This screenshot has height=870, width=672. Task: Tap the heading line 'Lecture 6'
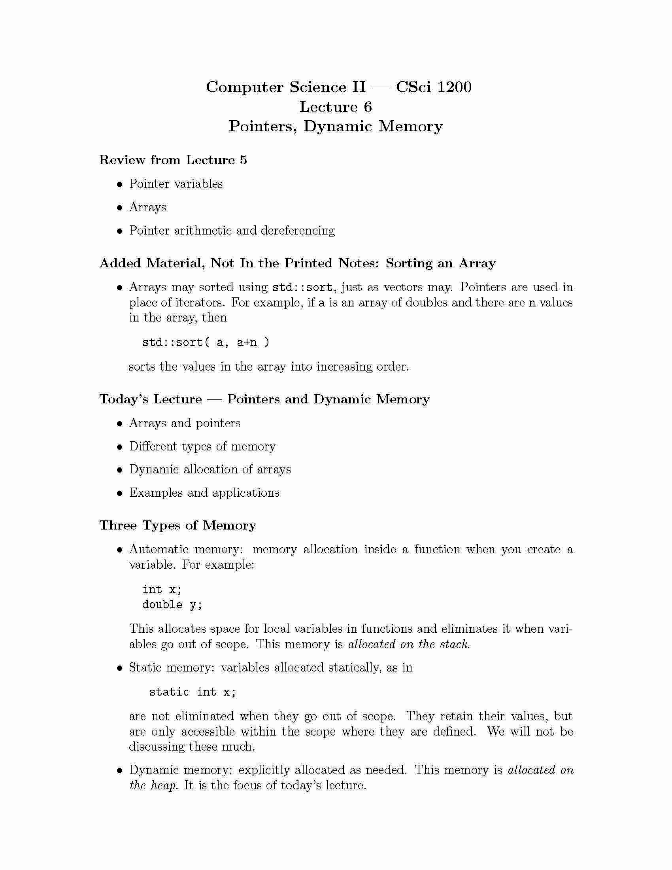pyautogui.click(x=335, y=107)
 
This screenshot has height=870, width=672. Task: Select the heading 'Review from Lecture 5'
pyautogui.click(x=173, y=160)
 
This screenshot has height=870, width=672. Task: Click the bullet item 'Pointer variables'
pyautogui.click(x=176, y=183)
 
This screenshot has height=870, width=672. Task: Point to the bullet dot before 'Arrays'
pyautogui.click(x=119, y=208)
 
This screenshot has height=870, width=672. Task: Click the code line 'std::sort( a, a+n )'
pyautogui.click(x=206, y=342)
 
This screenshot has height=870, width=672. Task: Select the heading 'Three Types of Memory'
pyautogui.click(x=177, y=525)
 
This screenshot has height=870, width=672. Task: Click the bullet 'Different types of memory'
pyautogui.click(x=202, y=446)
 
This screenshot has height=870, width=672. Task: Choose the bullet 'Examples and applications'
pyautogui.click(x=204, y=492)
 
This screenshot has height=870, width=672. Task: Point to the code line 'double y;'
pyautogui.click(x=172, y=605)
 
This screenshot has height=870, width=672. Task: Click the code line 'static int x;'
pyautogui.click(x=192, y=692)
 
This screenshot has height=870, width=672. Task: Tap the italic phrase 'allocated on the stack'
pyautogui.click(x=409, y=644)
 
